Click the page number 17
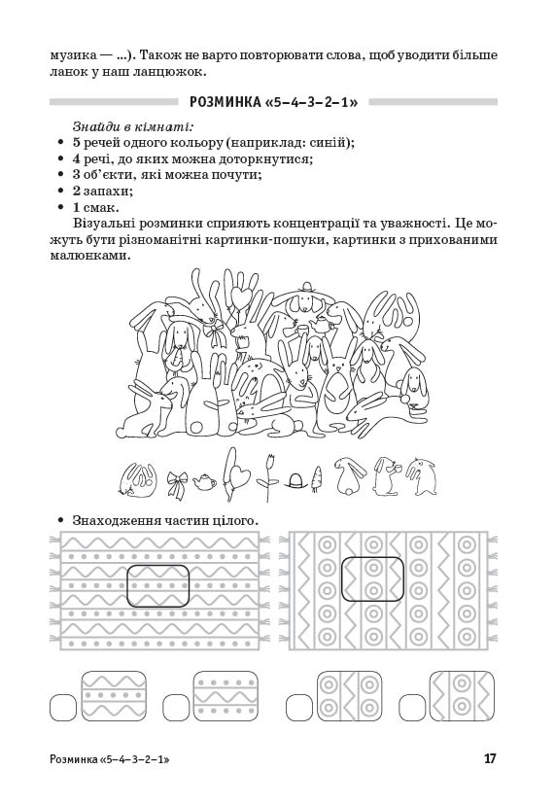[x=489, y=758]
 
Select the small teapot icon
[x=205, y=481]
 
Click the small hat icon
[x=295, y=481]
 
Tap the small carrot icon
[x=318, y=477]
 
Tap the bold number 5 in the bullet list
[x=76, y=143]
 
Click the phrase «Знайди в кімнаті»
[x=132, y=126]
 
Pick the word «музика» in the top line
[x=72, y=55]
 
